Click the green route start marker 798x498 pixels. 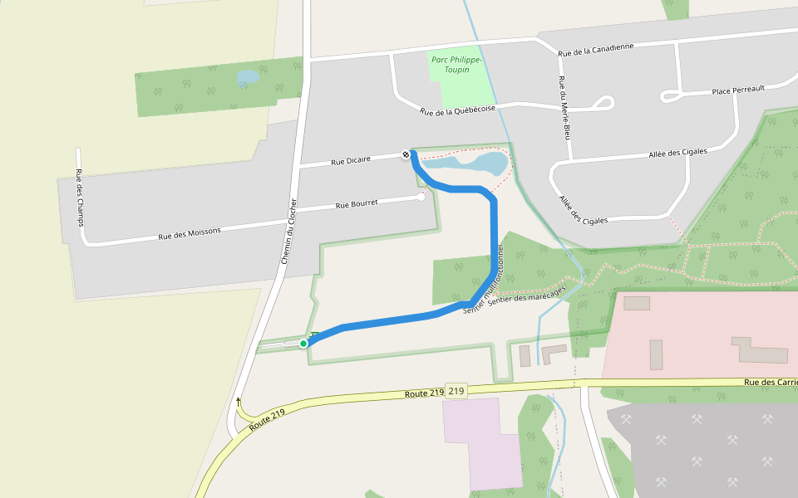[303, 343]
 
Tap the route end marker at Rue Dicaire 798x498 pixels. [406, 154]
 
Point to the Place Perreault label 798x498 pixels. [738, 89]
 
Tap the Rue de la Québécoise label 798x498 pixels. [458, 110]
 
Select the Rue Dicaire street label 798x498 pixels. [349, 161]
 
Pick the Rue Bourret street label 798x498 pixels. [357, 203]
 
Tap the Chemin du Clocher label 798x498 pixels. [288, 232]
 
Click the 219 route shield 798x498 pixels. [456, 390]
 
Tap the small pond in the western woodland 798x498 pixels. [248, 78]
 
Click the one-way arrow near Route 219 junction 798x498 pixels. [238, 402]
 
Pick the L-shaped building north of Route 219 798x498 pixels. [554, 353]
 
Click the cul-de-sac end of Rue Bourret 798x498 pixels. [421, 197]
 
